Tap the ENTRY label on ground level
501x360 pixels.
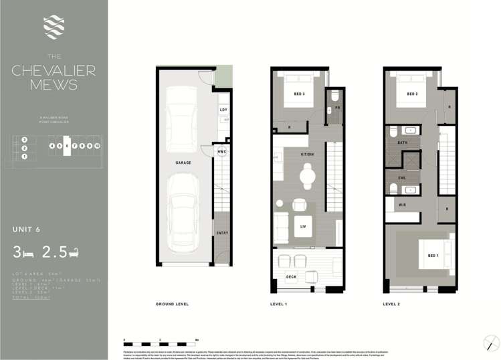coord(222,232)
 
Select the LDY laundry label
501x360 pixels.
coord(222,110)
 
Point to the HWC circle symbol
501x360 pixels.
coord(222,152)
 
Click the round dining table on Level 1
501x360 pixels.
coord(307,176)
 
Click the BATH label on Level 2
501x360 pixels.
coord(402,143)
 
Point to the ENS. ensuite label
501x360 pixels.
coord(402,178)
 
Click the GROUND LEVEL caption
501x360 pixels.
coord(173,304)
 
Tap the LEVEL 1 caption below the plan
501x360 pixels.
coord(278,304)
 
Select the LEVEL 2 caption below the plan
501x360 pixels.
coord(392,304)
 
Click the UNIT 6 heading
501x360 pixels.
coord(27,229)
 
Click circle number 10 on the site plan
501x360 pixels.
coord(97,145)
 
